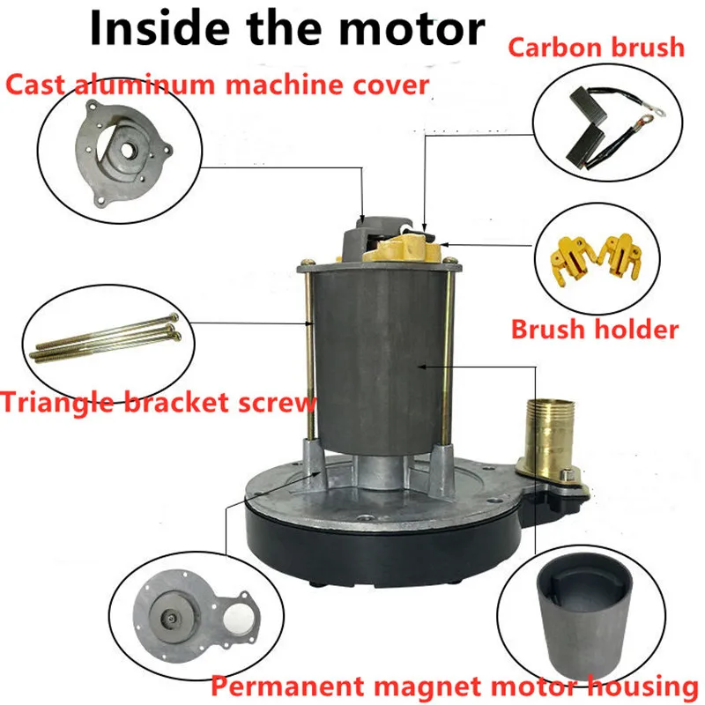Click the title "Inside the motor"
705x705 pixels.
287,29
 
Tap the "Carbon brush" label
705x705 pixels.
597,48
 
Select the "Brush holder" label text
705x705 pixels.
594,329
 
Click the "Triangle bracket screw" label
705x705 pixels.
159,402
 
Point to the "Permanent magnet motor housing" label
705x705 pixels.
455,686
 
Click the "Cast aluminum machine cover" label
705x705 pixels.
217,85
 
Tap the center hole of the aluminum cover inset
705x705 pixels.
126,151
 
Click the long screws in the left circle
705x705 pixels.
105,338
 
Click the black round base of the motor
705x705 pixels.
383,546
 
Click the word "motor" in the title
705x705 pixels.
412,30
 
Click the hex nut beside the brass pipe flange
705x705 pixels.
568,474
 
